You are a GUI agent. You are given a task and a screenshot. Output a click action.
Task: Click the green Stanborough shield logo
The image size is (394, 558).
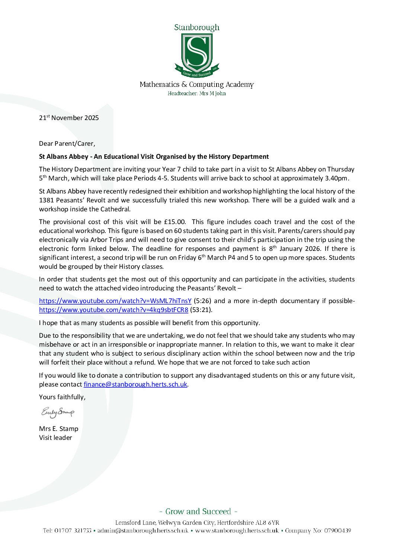197,54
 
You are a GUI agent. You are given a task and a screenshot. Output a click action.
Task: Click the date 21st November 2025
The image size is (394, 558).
69,118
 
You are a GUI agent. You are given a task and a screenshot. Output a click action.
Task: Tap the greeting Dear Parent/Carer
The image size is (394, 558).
67,144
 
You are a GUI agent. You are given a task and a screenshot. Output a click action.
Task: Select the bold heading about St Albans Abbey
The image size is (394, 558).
154,157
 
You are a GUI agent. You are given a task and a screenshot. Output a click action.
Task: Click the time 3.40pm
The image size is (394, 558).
337,178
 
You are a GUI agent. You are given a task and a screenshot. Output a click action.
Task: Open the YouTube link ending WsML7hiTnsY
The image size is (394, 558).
115,301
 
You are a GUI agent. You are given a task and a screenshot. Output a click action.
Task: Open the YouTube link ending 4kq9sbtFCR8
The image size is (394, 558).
113,310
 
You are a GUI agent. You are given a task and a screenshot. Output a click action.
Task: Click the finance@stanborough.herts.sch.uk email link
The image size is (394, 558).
135,384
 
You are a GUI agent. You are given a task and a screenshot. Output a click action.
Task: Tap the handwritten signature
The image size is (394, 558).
58,412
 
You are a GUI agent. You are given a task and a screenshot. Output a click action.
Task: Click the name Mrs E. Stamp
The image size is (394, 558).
58,429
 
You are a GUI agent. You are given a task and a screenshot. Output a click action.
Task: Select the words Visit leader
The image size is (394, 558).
55,438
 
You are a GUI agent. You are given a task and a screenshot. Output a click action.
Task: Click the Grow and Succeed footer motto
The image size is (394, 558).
198,511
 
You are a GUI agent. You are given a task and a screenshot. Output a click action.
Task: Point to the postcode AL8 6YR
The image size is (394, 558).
267,523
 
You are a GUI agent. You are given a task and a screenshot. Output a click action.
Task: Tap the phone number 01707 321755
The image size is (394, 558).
73,530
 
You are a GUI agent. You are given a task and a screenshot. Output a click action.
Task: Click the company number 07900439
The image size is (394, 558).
337,530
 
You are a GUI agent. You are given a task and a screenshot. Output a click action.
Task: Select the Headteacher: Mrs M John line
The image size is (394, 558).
196,94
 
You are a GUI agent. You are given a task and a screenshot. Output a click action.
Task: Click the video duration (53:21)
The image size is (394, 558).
201,310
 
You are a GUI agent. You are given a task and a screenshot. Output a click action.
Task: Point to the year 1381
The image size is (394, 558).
47,200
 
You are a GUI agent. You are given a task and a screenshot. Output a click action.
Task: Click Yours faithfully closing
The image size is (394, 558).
62,397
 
